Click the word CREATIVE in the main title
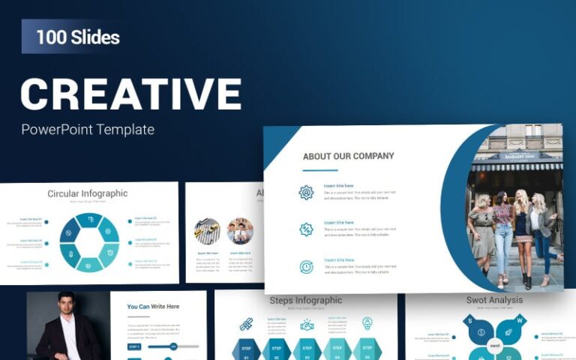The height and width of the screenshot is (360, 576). tap(131, 94)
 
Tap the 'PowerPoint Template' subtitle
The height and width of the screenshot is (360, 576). tap(88, 129)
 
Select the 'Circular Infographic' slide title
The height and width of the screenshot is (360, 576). tap(88, 193)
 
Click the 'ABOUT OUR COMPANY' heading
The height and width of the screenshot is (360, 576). tap(348, 157)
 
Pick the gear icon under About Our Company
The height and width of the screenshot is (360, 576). tap(306, 192)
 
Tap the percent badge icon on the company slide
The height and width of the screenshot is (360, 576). tap(306, 229)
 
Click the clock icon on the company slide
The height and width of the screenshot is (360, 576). tap(306, 266)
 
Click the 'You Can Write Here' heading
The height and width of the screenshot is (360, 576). tap(153, 306)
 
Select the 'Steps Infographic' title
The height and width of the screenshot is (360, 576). tap(305, 300)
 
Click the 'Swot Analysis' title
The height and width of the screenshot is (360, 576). tap(494, 300)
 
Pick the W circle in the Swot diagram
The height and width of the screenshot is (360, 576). tap(519, 321)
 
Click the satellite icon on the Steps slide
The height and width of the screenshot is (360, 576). tap(246, 324)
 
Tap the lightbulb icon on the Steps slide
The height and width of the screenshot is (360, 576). tap(367, 323)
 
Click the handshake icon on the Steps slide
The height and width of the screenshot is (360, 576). tap(307, 324)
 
